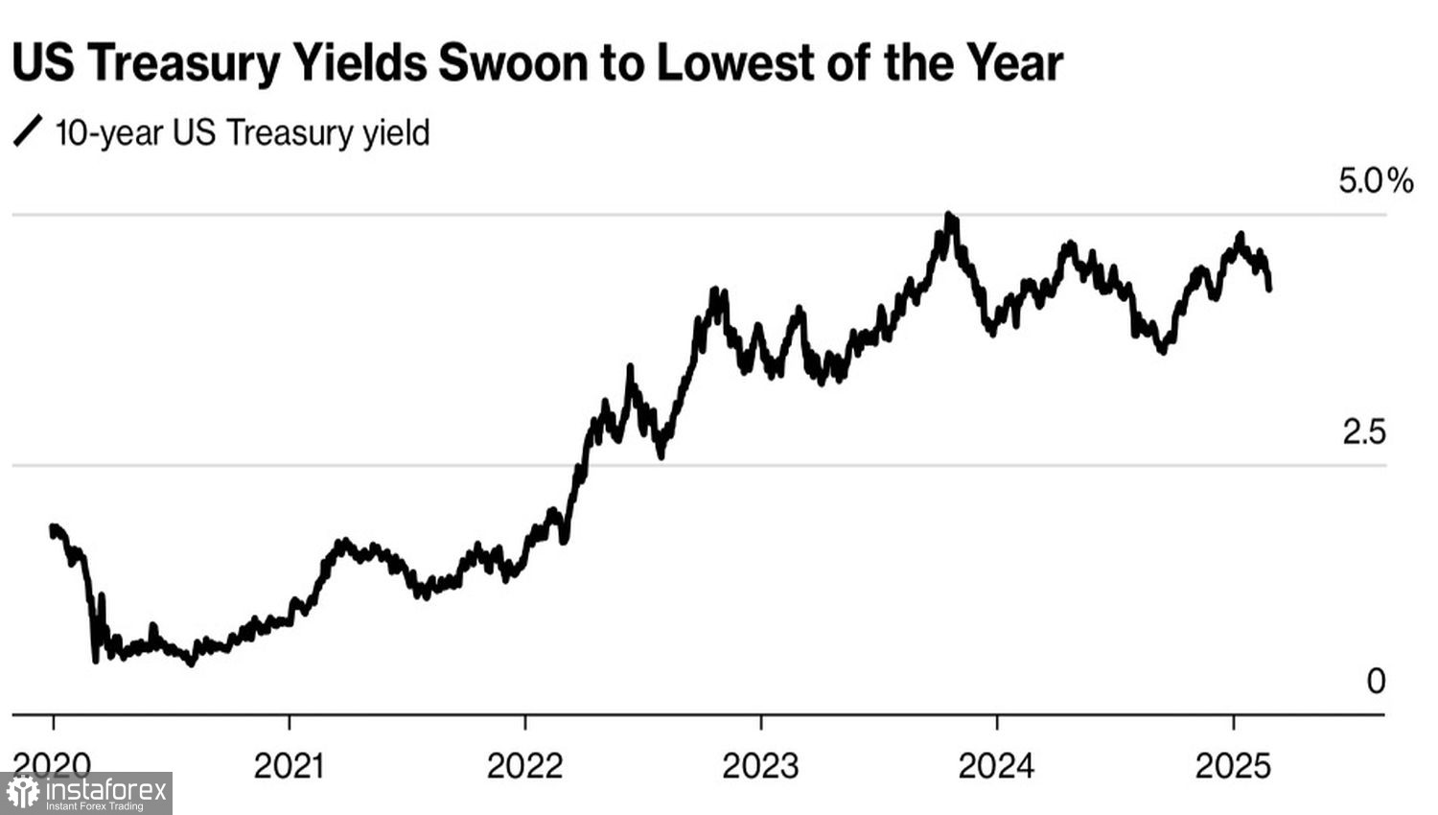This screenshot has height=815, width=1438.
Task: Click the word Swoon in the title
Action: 513,64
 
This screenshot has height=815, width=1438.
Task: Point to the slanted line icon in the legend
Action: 28,131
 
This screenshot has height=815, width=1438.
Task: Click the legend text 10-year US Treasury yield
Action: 243,132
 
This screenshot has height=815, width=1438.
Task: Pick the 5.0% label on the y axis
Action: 1376,180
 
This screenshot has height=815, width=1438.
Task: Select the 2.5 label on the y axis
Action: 1363,432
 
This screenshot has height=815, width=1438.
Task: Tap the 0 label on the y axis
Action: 1376,681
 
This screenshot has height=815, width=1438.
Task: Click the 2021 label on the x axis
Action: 289,766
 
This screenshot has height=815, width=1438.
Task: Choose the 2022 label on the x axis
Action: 524,766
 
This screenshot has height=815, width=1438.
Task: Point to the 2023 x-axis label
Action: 760,766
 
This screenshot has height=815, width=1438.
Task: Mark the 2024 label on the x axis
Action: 996,766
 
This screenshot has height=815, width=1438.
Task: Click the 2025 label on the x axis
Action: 1232,766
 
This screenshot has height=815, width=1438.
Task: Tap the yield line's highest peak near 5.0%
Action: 949,217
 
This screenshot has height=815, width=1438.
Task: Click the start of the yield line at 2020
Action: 53,527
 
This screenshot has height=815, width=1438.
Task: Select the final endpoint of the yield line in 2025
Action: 1269,288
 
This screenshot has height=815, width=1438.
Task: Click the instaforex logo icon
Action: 23,793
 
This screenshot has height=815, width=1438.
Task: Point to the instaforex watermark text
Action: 105,791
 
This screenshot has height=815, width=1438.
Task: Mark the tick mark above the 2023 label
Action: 761,722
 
